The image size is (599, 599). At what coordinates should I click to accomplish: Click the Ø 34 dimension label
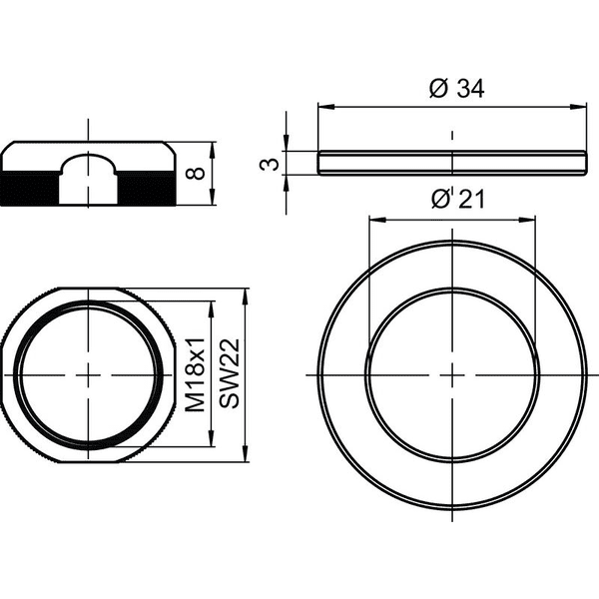(x=456, y=89)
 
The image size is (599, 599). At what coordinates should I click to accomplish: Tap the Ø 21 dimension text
(x=458, y=199)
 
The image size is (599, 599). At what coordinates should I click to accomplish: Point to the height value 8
(x=195, y=174)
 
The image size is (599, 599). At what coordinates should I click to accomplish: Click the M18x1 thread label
(x=196, y=374)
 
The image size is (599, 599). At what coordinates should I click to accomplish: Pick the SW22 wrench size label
(x=230, y=373)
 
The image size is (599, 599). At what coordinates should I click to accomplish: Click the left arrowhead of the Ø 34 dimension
(x=325, y=107)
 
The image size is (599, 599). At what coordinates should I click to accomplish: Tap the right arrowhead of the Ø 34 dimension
(x=578, y=107)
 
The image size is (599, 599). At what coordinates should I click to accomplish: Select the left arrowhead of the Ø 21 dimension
(x=377, y=220)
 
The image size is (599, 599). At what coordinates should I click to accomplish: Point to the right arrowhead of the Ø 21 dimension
(x=527, y=220)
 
